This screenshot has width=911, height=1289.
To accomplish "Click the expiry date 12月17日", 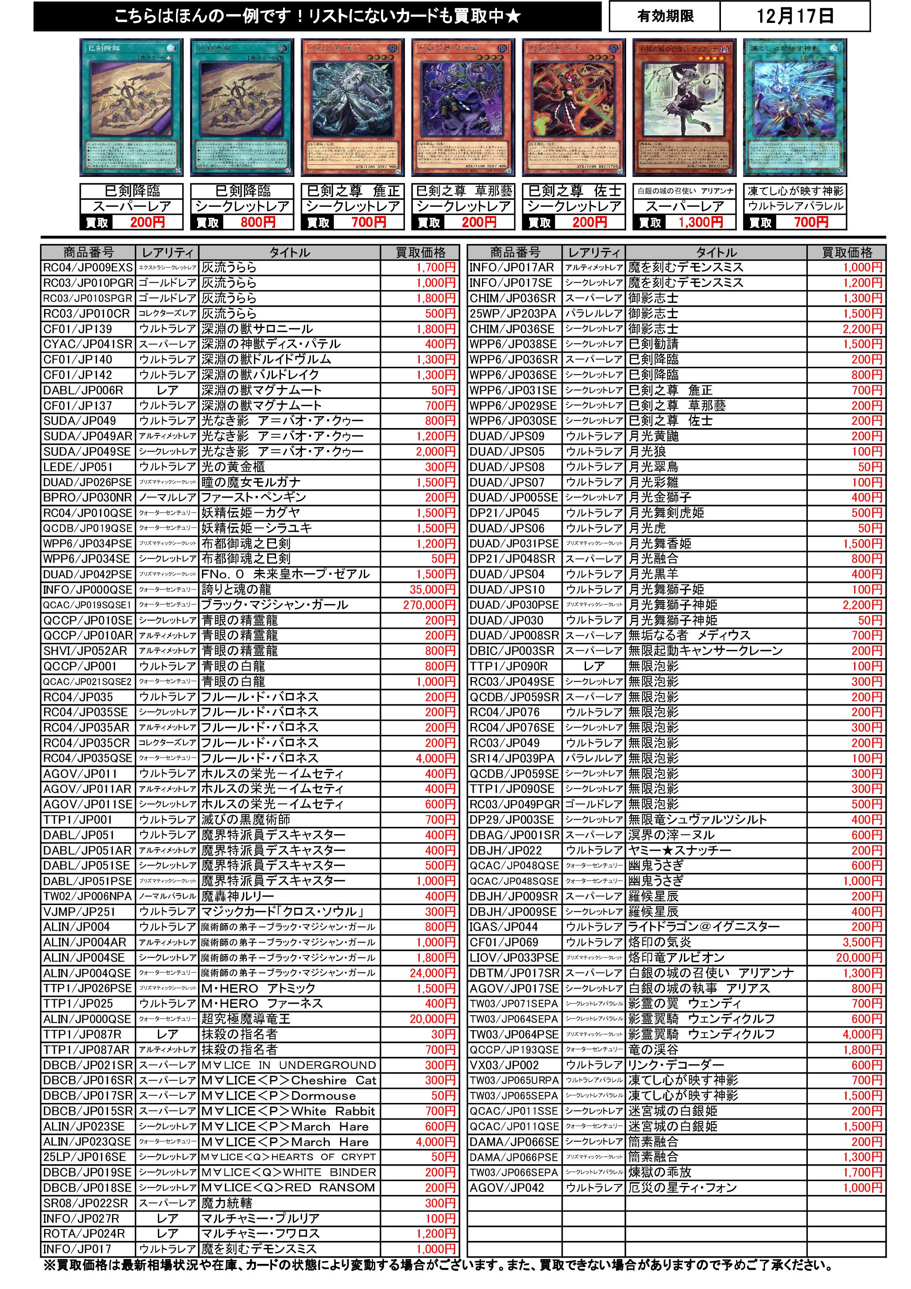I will point(794,16).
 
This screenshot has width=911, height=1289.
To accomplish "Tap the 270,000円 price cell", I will point(429,605).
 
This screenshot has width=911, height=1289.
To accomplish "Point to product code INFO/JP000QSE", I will point(88,590).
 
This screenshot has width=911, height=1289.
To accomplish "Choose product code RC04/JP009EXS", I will point(88,268).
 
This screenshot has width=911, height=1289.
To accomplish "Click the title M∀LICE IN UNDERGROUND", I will point(289,1065).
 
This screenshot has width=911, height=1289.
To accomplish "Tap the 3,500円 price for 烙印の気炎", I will point(862,943).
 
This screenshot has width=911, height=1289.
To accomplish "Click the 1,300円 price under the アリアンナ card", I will point(700,222).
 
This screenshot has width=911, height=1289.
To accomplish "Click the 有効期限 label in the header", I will point(665,16).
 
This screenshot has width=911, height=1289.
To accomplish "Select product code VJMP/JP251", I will point(78,912).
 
